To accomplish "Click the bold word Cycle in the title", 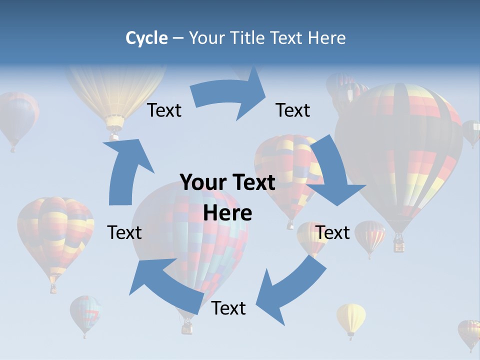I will tap(146, 38).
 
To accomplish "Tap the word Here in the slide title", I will tap(327, 38).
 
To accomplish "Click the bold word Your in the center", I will tap(202, 182).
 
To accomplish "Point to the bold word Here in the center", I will tap(227, 213).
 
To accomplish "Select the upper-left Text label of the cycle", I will tap(164, 110).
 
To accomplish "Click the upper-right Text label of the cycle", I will tap(293, 110).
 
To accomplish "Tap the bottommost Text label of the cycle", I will tap(228, 308).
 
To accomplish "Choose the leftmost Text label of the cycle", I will tap(124, 232).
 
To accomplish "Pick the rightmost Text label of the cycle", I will tap(332, 232).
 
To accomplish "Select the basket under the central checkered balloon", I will tap(187, 327).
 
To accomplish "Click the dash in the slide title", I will tap(178, 38).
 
